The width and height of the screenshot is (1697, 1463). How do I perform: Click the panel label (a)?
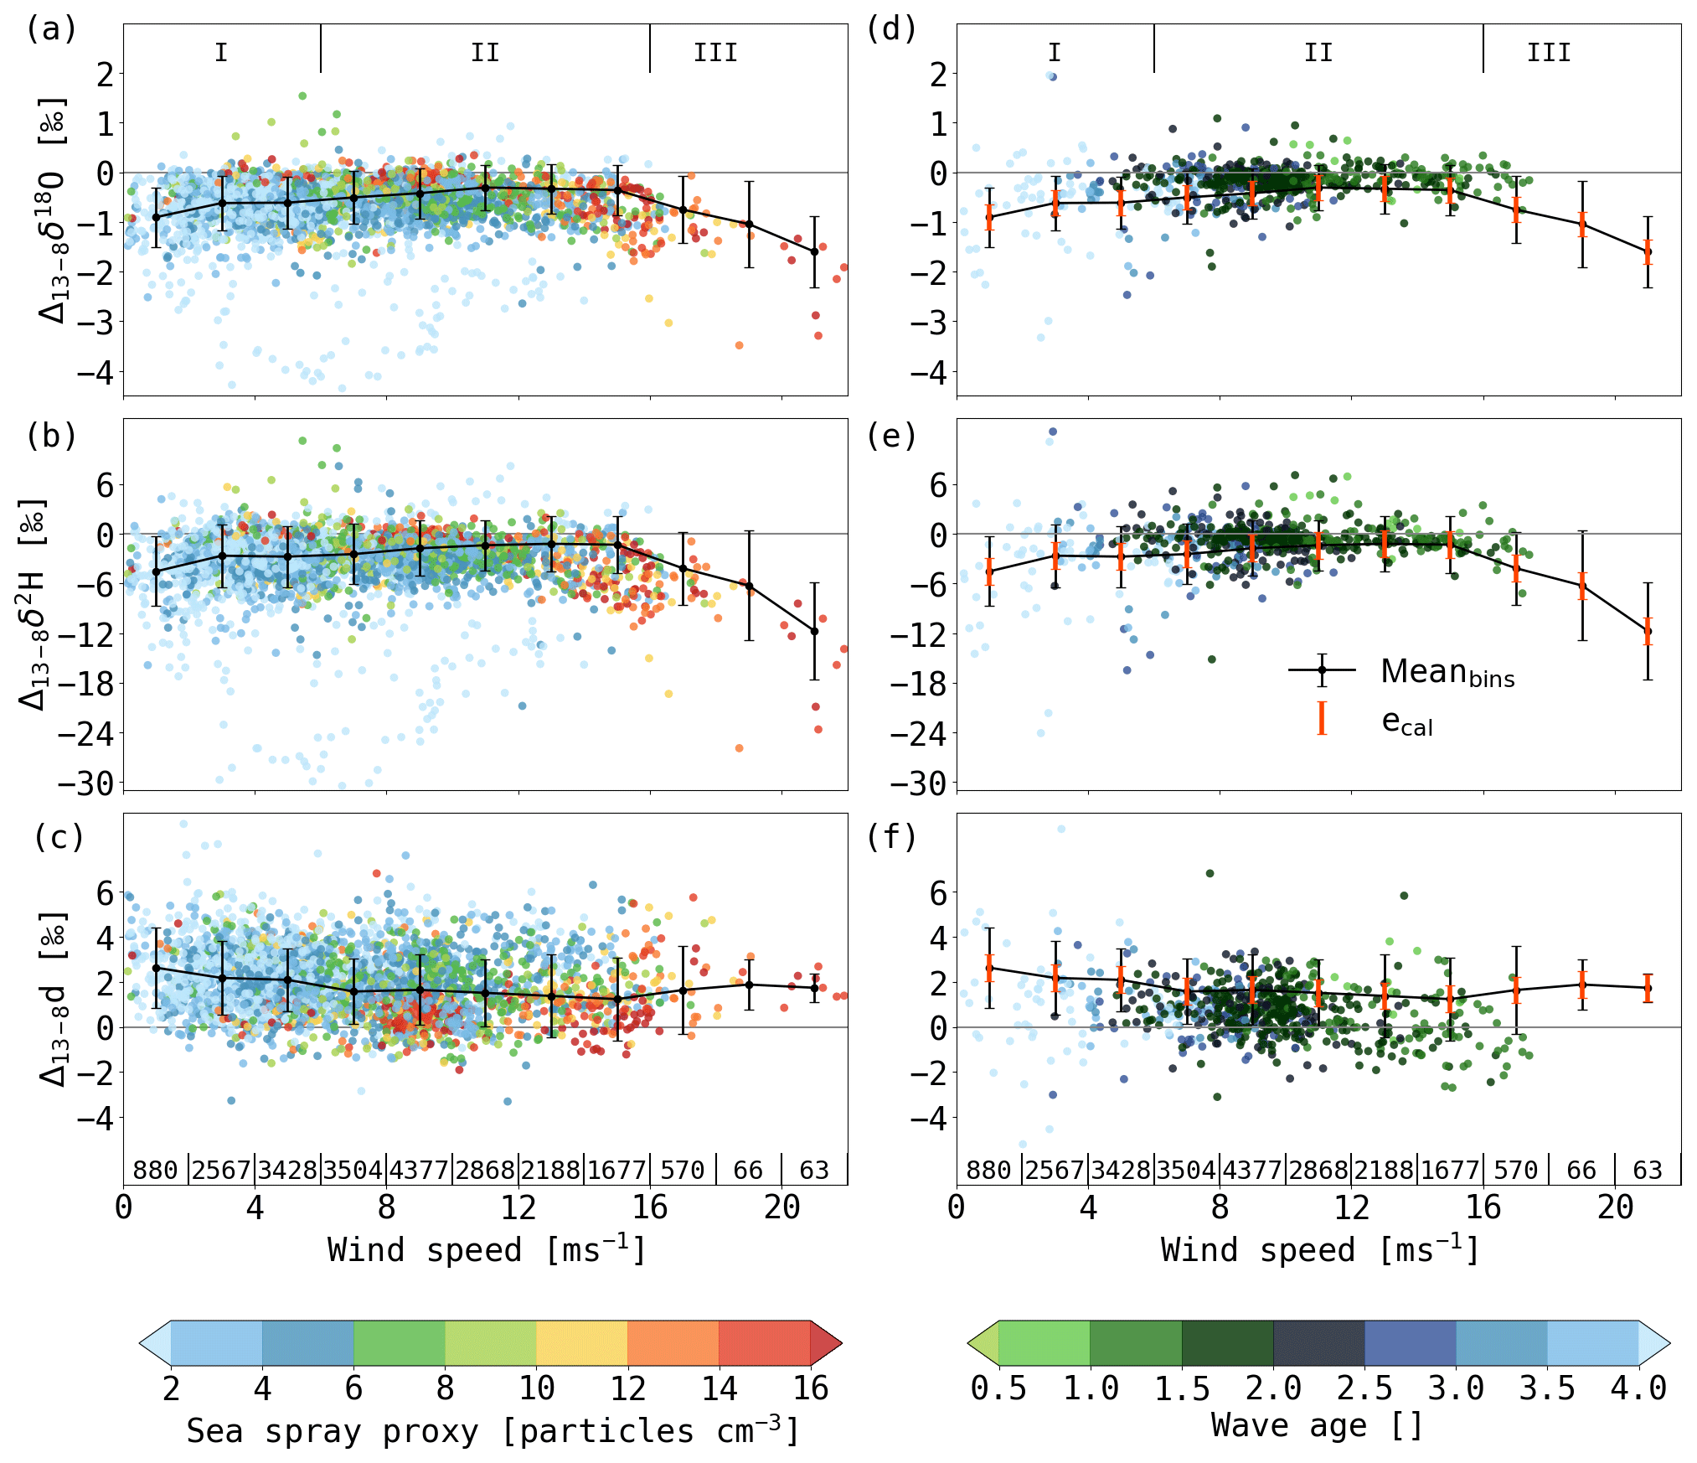coord(52,29)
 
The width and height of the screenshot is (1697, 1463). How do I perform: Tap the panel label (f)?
coord(891,836)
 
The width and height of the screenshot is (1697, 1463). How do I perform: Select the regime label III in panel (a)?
coord(715,53)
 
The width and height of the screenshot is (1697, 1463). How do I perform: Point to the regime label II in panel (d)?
coord(1318,53)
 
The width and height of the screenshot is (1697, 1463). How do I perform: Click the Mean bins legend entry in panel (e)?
coord(1447,672)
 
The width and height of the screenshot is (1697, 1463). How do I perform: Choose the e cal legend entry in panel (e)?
coord(1406,721)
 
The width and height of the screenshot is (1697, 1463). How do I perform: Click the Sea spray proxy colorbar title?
coord(493,1431)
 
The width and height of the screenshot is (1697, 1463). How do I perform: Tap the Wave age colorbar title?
coord(1317,1425)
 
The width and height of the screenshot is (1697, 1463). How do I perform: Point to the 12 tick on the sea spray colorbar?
coord(627,1389)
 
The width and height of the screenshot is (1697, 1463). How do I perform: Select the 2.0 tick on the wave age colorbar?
coord(1273,1389)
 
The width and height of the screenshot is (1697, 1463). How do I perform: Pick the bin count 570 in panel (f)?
coord(1515,1170)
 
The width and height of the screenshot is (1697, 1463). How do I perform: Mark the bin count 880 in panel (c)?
coord(156,1170)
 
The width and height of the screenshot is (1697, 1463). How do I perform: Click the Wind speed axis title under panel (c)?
coord(486,1250)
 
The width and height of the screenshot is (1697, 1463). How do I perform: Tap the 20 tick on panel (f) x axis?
coord(1615,1207)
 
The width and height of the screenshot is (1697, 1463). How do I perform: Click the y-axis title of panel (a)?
coord(53,209)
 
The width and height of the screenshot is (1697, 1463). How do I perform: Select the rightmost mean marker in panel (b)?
coord(814,631)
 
